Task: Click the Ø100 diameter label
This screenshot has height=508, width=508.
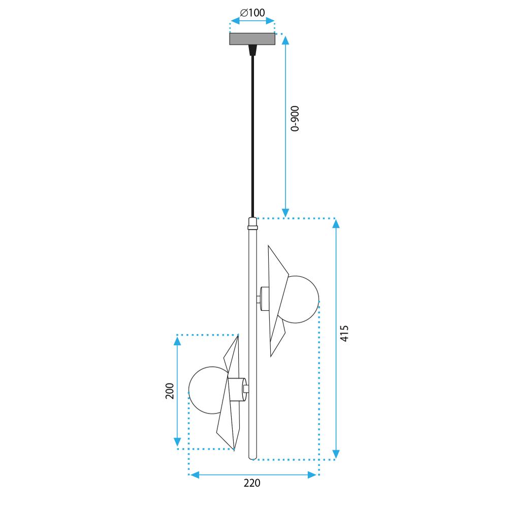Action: (252, 13)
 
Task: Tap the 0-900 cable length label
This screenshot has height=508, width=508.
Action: (296, 119)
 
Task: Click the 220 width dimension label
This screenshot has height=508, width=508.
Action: (252, 483)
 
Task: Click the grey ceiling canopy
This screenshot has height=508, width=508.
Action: (252, 39)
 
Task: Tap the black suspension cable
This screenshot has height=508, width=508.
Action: (252, 132)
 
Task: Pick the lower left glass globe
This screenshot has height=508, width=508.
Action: (206, 391)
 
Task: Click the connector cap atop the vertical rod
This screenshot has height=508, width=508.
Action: (252, 222)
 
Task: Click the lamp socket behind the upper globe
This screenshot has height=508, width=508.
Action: (264, 298)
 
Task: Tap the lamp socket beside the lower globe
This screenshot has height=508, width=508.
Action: (237, 389)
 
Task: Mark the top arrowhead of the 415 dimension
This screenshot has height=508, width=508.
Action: (336, 224)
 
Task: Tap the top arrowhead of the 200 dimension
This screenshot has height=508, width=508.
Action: (177, 341)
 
